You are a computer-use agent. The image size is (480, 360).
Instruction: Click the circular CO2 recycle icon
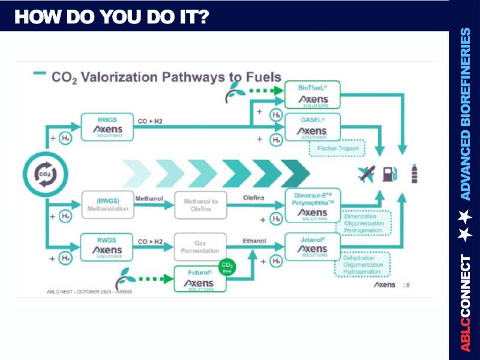coord(46,175)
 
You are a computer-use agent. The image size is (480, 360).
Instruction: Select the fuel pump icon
coord(389,174)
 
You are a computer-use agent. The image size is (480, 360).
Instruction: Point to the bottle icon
coord(414,174)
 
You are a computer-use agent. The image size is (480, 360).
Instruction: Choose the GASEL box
coord(312,127)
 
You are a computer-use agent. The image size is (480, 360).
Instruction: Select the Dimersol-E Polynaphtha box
coord(312,205)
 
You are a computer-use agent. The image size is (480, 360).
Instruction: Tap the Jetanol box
coord(312,246)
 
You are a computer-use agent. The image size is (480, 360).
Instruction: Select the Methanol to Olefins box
coord(200,205)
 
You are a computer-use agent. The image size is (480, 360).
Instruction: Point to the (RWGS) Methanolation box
coord(104,205)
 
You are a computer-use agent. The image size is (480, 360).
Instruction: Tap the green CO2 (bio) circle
coord(227,266)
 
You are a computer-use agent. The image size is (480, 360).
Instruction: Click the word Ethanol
coord(254,241)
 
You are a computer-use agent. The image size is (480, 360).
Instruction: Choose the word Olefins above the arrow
coord(254,196)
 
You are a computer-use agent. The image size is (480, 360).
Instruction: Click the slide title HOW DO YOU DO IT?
coord(112,17)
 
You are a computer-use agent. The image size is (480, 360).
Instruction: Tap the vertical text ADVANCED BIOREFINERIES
coord(465,113)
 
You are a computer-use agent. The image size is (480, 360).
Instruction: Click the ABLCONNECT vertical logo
coord(465,302)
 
